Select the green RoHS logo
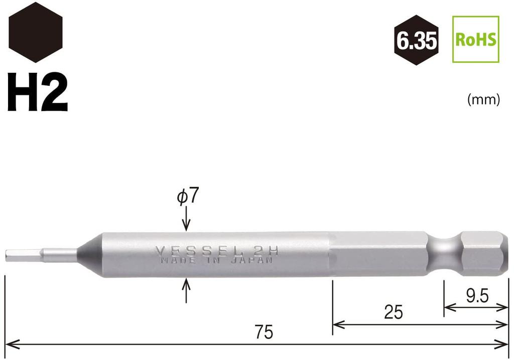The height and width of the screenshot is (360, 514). pyautogui.click(x=476, y=39)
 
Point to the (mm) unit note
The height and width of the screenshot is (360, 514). pyautogui.click(x=483, y=100)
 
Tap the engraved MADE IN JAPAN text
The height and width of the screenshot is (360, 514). pyautogui.click(x=217, y=261)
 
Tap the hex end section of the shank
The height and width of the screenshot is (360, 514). pyautogui.click(x=481, y=254)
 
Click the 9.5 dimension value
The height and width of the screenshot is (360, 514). pyautogui.click(x=477, y=296)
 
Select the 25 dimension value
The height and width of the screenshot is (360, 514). pyautogui.click(x=393, y=312)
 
